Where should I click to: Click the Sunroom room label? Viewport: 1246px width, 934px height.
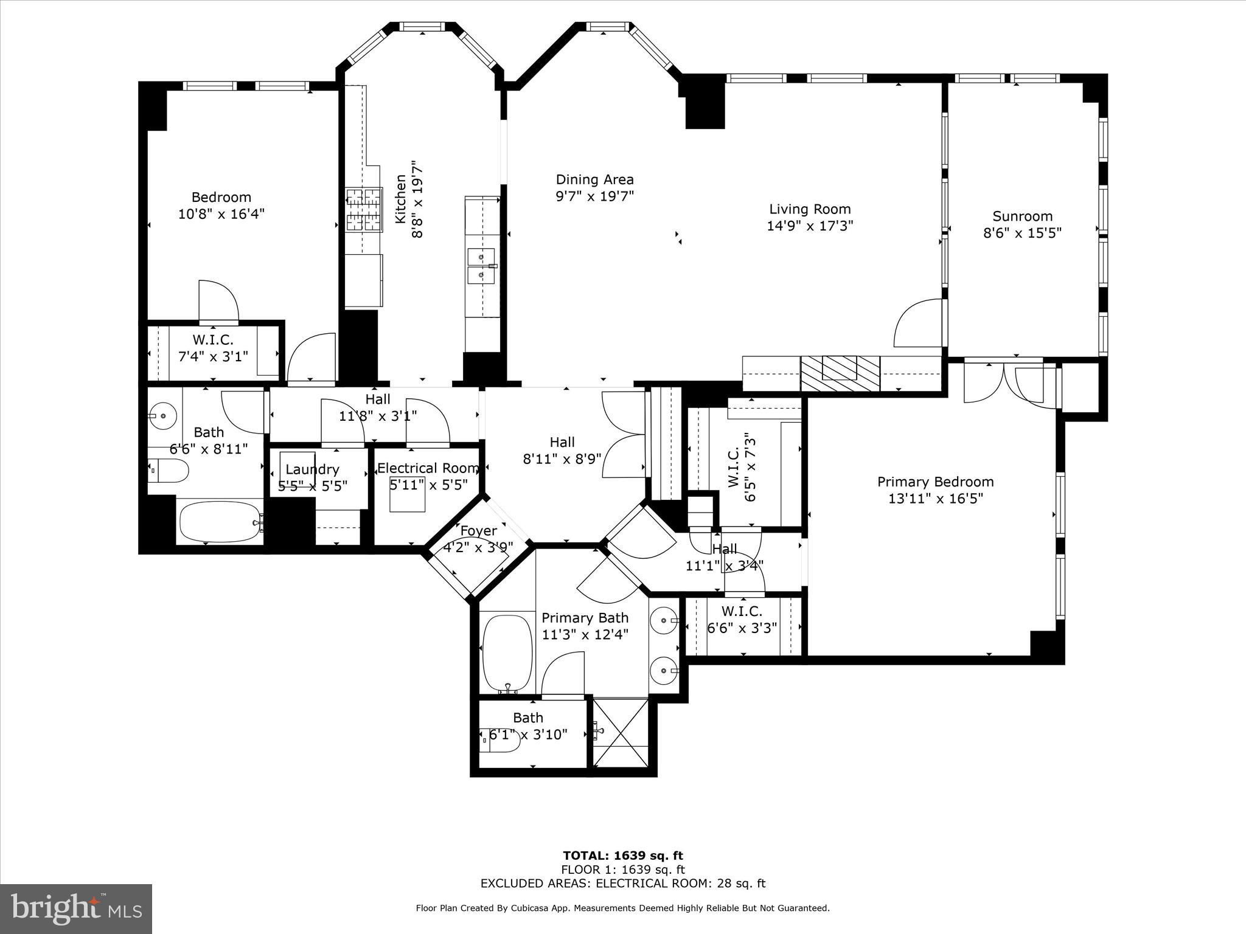coord(1022,216)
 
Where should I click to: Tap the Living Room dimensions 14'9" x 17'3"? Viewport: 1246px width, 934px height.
coord(810,226)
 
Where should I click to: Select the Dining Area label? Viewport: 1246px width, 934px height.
coord(594,179)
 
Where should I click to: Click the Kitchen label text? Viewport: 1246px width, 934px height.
coord(401,199)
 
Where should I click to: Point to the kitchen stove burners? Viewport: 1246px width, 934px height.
coord(364,210)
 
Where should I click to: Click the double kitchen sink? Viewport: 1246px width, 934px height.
coord(481,266)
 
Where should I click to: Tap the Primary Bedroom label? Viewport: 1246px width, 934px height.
coord(935,482)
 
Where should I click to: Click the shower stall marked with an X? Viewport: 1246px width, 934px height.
coord(621,732)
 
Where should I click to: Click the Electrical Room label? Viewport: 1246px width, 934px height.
coord(428,468)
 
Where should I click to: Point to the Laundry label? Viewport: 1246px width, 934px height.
coord(312,469)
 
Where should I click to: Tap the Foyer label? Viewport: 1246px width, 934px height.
coord(478,531)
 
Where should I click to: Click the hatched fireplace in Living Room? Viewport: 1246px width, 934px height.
coord(840,373)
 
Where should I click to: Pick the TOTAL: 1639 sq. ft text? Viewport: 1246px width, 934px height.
coord(623,856)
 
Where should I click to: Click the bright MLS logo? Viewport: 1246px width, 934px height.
coord(76,908)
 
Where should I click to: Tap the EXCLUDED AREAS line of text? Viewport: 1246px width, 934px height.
coord(623,884)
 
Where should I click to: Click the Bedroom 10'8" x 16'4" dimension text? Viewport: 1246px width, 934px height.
coord(221,214)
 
